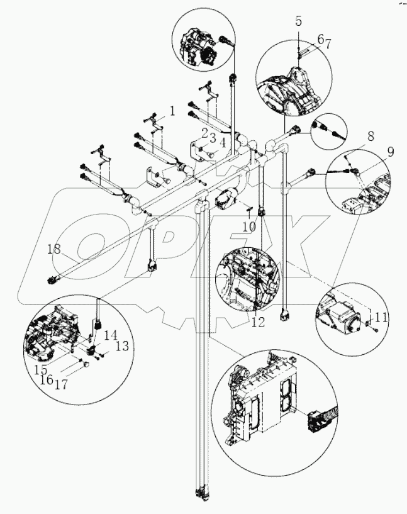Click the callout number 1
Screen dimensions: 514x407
click(171, 111)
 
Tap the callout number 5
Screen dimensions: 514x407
click(299, 21)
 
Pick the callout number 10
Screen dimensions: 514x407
click(248, 226)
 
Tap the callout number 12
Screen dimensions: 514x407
click(257, 321)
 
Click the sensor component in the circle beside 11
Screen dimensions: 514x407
click(343, 313)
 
